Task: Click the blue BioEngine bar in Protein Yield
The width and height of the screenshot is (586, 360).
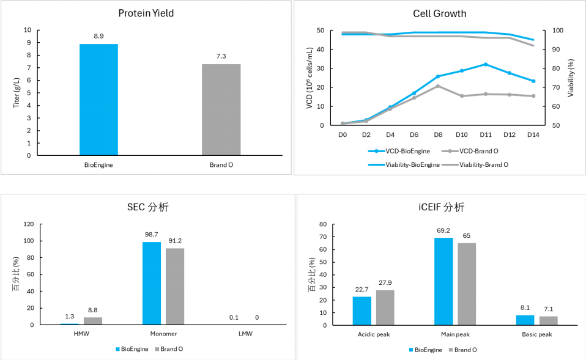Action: pyautogui.click(x=98, y=100)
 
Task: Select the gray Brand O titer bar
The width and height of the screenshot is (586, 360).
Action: pyautogui.click(x=221, y=110)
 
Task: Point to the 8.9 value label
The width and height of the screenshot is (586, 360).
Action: pyautogui.click(x=98, y=37)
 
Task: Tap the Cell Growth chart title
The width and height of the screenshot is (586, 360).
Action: pyautogui.click(x=439, y=13)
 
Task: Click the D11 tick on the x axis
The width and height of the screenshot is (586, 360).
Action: pyautogui.click(x=485, y=134)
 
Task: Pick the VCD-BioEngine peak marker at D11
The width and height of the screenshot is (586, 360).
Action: pyautogui.click(x=485, y=64)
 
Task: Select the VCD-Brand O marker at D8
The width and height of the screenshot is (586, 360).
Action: pyautogui.click(x=437, y=86)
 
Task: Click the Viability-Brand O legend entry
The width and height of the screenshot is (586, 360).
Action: pyautogui.click(x=483, y=164)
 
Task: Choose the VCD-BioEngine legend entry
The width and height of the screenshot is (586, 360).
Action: pyautogui.click(x=401, y=151)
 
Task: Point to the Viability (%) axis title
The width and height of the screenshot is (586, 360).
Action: pyautogui.click(x=571, y=77)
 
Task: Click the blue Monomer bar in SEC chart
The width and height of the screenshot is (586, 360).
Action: pyautogui.click(x=152, y=284)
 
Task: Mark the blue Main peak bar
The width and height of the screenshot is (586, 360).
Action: pyautogui.click(x=443, y=281)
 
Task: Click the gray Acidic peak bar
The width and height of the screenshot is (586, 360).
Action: pyautogui.click(x=385, y=307)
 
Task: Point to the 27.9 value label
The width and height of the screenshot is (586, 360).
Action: pyautogui.click(x=385, y=283)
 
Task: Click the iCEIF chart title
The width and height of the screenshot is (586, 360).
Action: pyautogui.click(x=439, y=208)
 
